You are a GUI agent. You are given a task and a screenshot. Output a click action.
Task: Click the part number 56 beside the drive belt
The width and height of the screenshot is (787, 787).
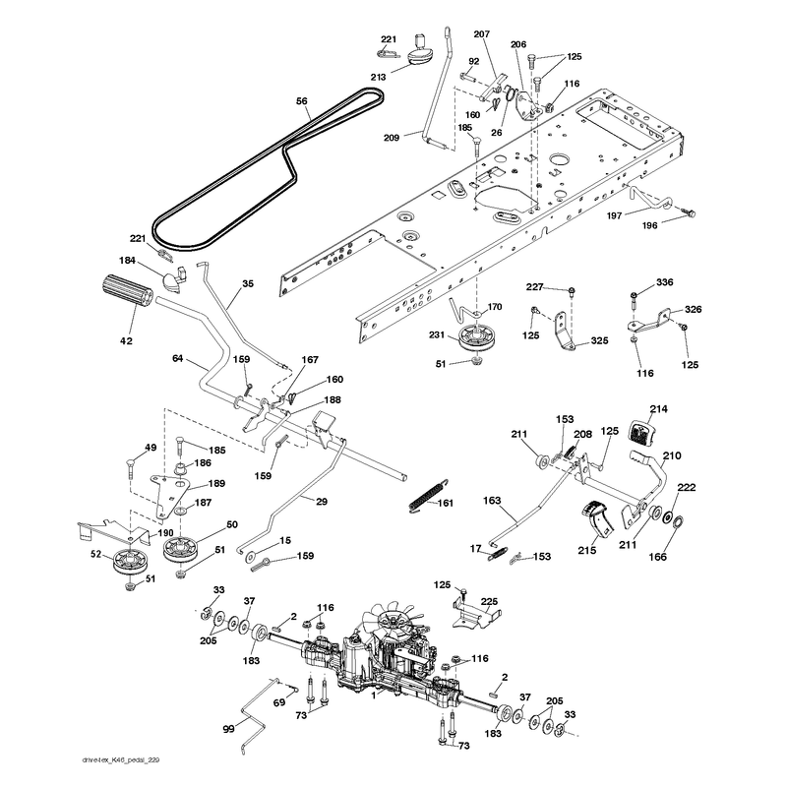301,101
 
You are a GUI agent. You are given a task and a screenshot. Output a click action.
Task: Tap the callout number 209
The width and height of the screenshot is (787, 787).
392,137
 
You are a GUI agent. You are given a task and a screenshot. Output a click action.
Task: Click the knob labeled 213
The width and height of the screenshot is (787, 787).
422,50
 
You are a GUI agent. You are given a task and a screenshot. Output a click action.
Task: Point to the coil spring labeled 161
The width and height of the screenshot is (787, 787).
429,498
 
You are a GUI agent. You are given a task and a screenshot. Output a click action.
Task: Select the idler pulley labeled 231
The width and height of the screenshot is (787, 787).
474,337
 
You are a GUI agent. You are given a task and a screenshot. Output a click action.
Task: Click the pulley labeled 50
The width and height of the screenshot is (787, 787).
180,549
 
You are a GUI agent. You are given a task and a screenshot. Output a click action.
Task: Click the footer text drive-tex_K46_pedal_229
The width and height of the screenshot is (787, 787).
120,759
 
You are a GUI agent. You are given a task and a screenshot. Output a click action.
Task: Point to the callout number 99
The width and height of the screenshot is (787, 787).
228,728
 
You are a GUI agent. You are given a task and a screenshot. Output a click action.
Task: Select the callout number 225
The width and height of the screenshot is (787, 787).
489,601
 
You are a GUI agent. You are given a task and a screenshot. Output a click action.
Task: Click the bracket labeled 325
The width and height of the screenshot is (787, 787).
567,332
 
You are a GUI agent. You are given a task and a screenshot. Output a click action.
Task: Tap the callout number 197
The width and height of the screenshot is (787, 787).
614,215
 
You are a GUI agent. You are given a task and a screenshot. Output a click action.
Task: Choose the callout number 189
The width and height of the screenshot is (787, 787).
216,484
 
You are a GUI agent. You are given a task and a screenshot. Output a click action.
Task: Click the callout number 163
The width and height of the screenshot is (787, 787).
492,501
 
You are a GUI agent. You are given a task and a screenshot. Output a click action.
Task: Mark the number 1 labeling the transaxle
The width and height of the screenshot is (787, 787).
373,696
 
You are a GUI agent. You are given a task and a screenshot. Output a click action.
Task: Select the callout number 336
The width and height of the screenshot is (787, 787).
665,282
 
